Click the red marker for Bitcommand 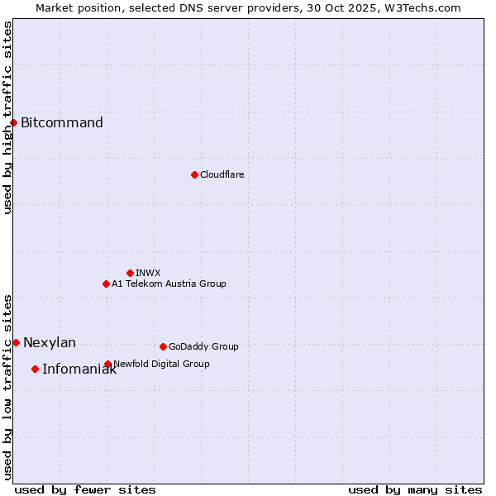pos(13,123)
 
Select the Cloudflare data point pos(194,174)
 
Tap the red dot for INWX pos(130,273)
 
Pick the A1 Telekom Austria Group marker pos(106,284)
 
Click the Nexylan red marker pos(16,342)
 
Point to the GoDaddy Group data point pos(163,346)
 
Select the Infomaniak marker pos(35,369)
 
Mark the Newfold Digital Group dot pos(107,364)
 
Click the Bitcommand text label pos(62,123)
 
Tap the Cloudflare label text pos(222,174)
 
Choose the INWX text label pos(148,273)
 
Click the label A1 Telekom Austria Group pos(169,284)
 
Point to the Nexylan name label pos(50,342)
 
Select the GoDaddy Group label pos(203,346)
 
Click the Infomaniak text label pos(79,370)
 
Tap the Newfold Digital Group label pos(161,364)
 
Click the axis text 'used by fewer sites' pos(85,489)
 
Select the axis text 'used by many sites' pos(415,489)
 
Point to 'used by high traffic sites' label pos(7,118)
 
